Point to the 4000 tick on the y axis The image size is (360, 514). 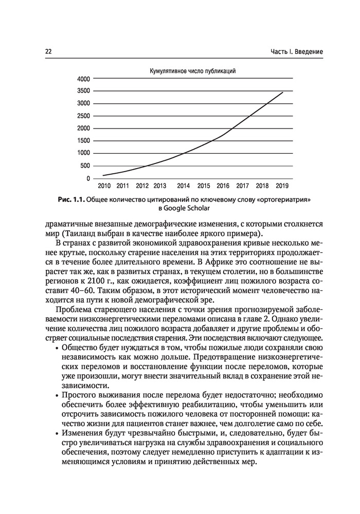[83, 79]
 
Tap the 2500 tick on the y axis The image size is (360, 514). [83, 116]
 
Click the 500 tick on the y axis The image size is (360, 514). [85, 166]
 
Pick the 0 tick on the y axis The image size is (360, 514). [88, 178]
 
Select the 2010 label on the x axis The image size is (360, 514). [104, 186]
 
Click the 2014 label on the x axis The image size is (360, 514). [183, 186]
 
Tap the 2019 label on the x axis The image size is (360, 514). [282, 186]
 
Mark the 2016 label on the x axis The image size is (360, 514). [223, 186]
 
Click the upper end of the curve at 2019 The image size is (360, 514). [282, 92]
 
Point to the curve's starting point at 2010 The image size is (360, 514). [103, 175]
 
